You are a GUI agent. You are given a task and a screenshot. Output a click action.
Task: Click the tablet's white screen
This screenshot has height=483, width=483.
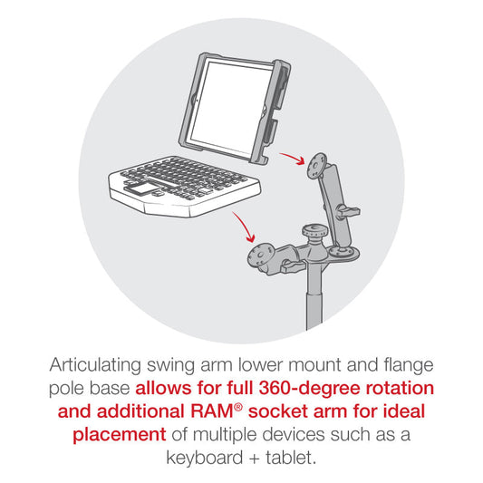pos(231,107)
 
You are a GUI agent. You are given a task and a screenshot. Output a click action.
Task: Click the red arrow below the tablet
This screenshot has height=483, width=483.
pos(293,158)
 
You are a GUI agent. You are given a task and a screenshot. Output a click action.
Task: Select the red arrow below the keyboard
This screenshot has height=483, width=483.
pos(245,227)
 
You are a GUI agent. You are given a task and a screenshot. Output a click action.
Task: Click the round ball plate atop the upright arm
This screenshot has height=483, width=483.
pos(316,165)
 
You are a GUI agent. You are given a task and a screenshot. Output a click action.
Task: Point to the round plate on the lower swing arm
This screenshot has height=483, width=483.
pos(260,256)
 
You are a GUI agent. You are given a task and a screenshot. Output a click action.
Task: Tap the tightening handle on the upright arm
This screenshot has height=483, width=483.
pos(348,212)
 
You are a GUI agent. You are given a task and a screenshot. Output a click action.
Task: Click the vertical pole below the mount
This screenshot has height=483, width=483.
pos(314,295)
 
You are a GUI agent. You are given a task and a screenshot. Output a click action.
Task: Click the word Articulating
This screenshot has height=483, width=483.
pos(95,365)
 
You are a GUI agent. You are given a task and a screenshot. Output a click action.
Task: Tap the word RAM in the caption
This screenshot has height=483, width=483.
pos(212,411)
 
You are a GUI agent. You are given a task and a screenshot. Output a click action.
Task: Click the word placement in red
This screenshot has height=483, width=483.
pos(120,435)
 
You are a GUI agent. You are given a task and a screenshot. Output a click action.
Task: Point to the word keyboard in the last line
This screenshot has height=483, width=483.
pos(205,457)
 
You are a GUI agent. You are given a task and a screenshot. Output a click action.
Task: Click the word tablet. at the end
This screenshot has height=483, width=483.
pos(292,457)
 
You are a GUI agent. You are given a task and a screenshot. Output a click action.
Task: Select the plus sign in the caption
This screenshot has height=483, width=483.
pos(255,459)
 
